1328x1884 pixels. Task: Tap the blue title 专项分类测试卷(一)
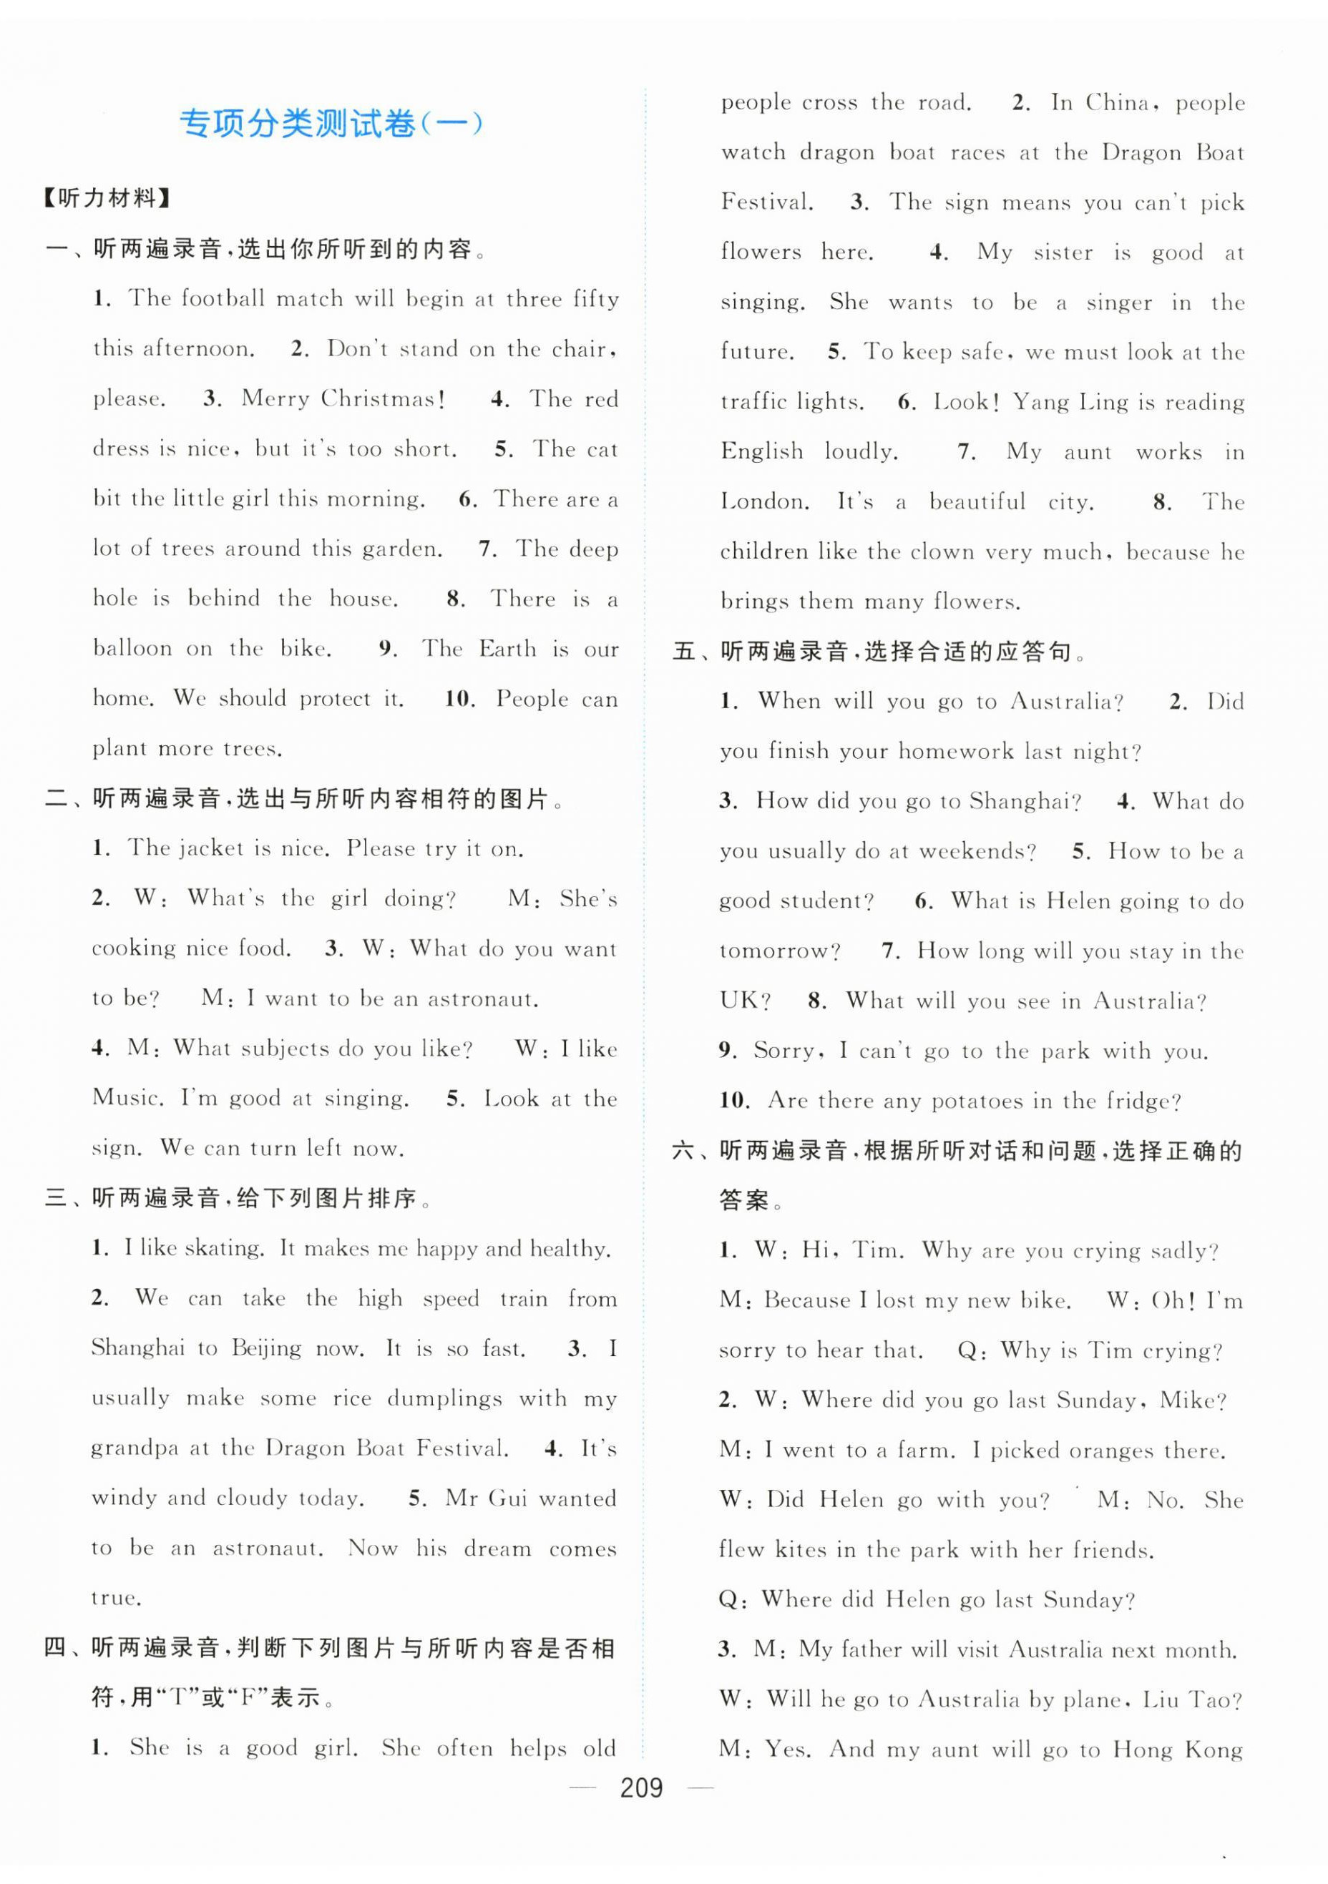coord(331,124)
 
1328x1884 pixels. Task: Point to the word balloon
coord(132,648)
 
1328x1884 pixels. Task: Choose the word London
coord(763,501)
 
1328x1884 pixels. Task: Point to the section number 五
coord(684,652)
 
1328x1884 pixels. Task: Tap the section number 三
coord(56,1199)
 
